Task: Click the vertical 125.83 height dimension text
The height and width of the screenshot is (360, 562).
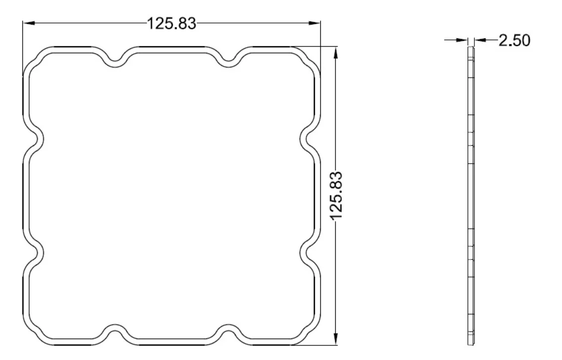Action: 337,197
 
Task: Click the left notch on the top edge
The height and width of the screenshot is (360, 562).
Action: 114,60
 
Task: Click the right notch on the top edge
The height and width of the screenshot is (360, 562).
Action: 228,60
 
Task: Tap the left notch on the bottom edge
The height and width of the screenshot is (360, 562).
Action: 114,331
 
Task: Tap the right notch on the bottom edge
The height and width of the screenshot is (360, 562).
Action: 228,331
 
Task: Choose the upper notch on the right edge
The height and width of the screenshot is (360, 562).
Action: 307,138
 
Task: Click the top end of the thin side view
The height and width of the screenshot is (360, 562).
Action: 471,49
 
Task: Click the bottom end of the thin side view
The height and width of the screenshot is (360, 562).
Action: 471,343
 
